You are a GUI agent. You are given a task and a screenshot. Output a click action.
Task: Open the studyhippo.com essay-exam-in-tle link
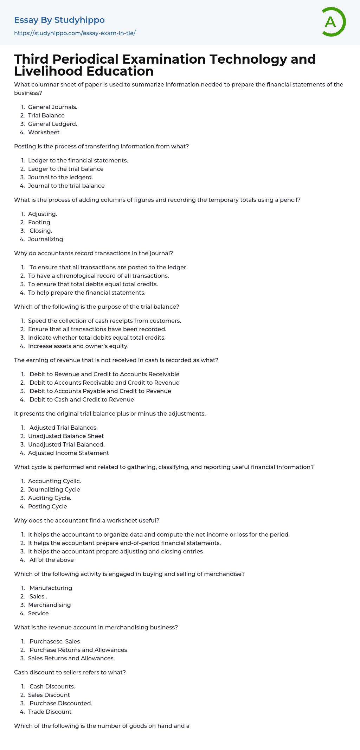[75, 33]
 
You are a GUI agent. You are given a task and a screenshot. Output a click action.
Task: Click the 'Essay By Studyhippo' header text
[59, 20]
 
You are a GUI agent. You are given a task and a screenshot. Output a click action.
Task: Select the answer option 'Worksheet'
[44, 132]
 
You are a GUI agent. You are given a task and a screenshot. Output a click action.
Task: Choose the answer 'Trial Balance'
[46, 115]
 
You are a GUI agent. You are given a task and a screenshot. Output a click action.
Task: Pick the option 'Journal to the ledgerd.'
[60, 177]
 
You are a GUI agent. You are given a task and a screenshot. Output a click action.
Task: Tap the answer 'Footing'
[39, 222]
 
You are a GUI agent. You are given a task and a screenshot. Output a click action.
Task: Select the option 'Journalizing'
[45, 239]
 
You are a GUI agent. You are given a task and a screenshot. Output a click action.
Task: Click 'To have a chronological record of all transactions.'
[98, 276]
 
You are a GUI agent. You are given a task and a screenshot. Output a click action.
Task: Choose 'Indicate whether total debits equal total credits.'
[97, 338]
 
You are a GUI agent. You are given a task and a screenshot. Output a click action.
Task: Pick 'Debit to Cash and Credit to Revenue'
[82, 399]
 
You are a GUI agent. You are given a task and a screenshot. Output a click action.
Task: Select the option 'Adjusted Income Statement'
[69, 453]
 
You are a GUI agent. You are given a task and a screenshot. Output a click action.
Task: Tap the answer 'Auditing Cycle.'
[50, 498]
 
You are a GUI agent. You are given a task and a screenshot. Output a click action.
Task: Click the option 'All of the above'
[52, 560]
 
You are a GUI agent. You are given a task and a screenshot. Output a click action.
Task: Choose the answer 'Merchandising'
[49, 605]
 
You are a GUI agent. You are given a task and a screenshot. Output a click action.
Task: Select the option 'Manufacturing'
[51, 588]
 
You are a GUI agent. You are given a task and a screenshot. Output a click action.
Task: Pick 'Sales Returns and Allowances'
[71, 658]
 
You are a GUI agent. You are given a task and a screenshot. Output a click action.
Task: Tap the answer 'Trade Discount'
[50, 712]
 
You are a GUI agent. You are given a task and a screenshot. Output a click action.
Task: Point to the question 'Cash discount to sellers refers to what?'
[70, 672]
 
